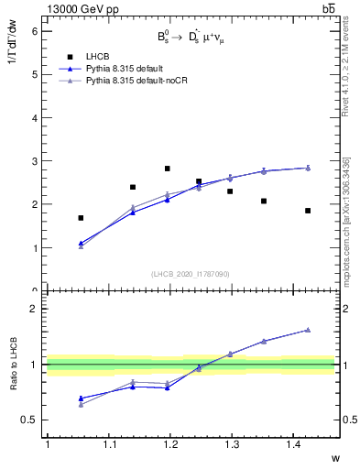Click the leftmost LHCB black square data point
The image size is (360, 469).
(x=81, y=218)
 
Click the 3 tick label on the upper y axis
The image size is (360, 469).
(x=34, y=161)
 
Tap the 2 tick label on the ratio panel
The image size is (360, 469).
(x=34, y=309)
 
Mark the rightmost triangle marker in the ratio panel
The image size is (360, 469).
(x=308, y=330)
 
